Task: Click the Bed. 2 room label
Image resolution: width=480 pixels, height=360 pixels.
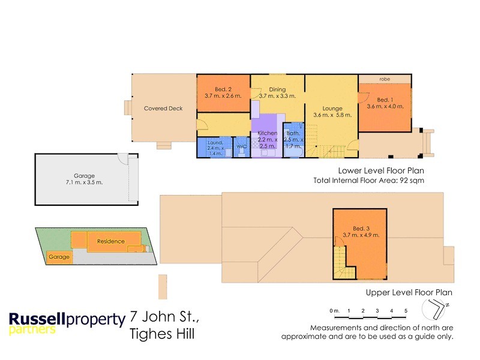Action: [223, 88]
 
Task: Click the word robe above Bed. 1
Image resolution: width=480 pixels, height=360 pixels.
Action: [385, 79]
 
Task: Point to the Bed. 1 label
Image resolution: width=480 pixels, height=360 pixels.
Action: [385, 100]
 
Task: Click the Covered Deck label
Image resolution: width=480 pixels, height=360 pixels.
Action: [163, 109]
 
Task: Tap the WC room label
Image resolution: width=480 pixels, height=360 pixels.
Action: [241, 146]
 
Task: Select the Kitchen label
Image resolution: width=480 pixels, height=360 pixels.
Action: [267, 133]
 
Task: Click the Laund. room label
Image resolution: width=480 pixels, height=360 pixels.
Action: [214, 142]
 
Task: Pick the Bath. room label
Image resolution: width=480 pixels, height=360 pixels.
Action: [293, 133]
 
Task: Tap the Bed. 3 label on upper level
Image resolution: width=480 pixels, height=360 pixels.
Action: [361, 229]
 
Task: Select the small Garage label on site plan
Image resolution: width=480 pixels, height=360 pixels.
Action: [59, 257]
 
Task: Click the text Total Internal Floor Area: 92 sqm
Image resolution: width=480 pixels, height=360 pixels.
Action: [369, 180]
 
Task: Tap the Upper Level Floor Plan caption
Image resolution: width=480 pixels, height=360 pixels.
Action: [409, 293]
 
